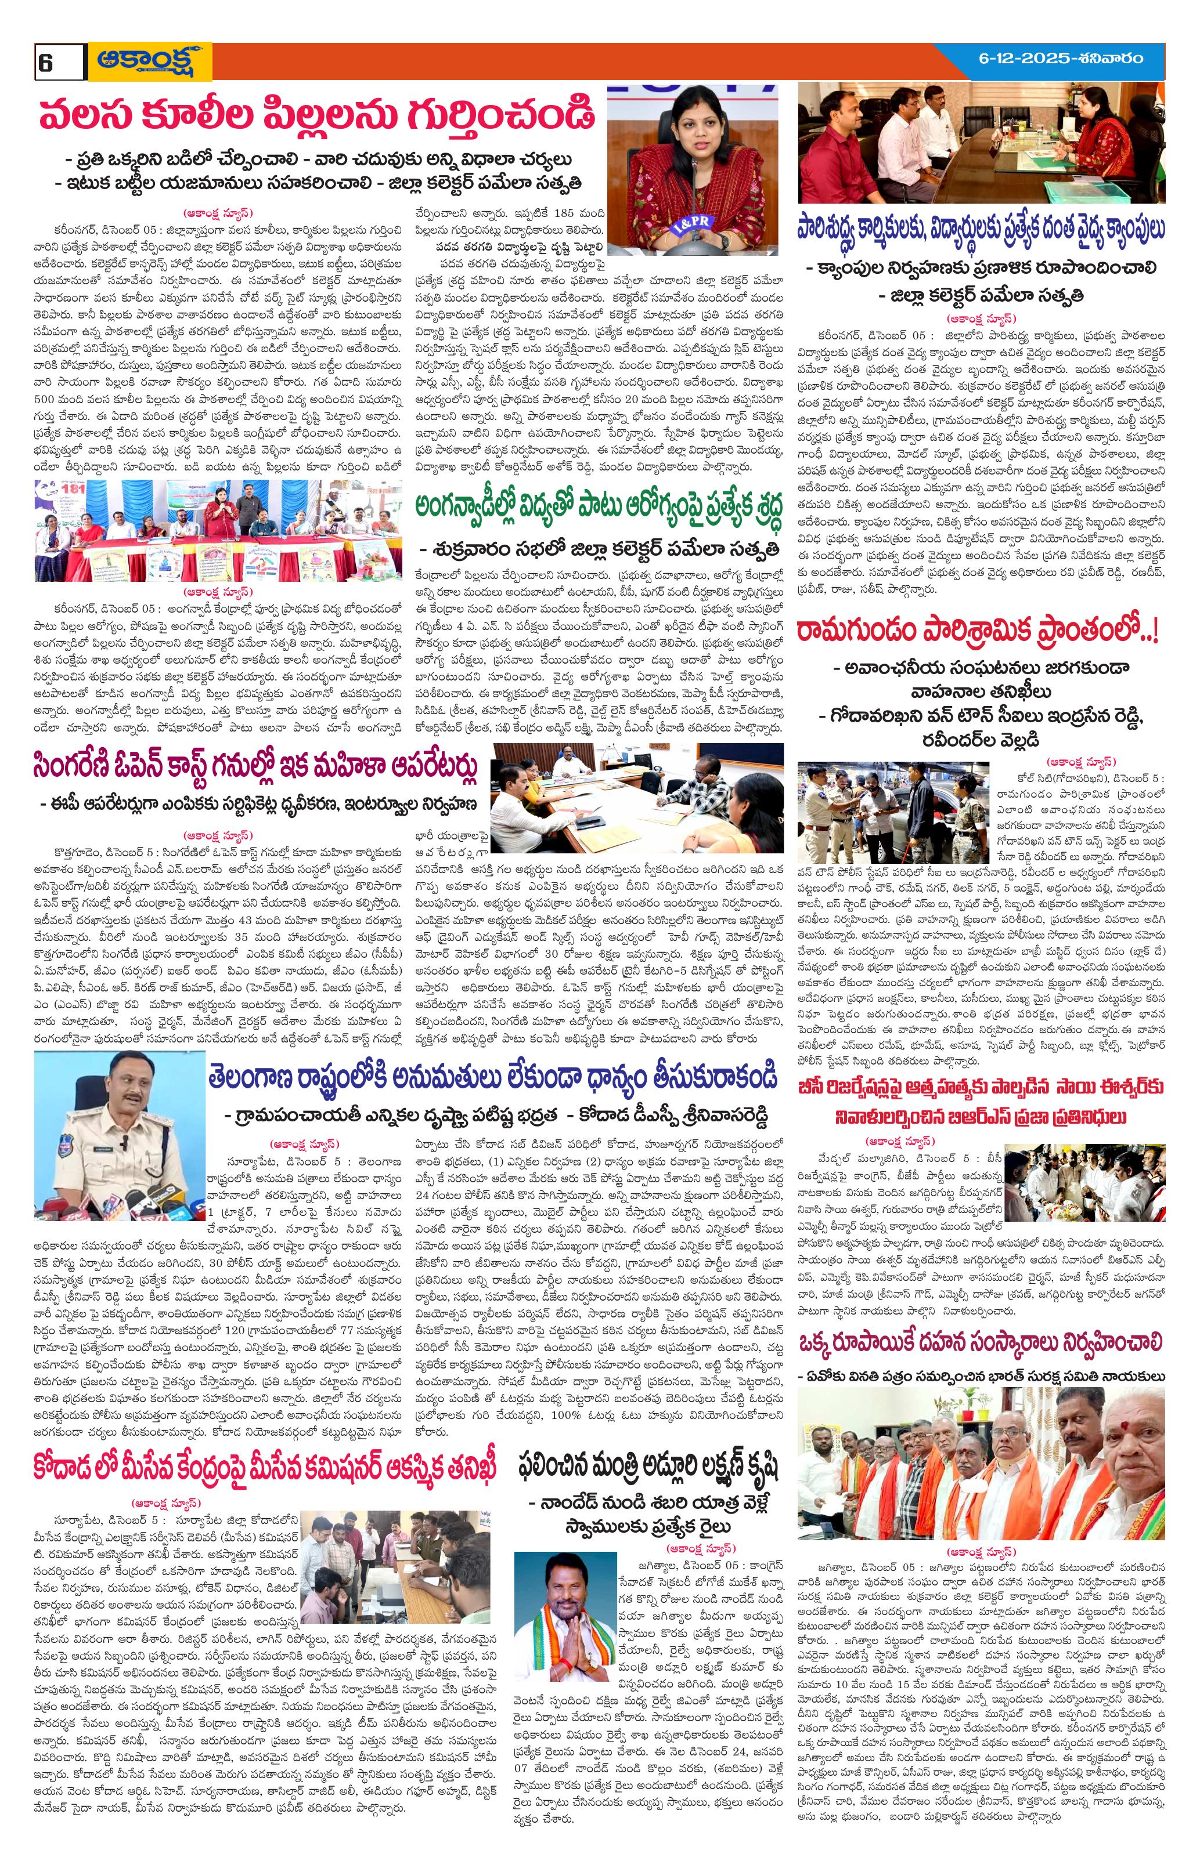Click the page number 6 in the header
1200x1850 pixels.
click(44, 62)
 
